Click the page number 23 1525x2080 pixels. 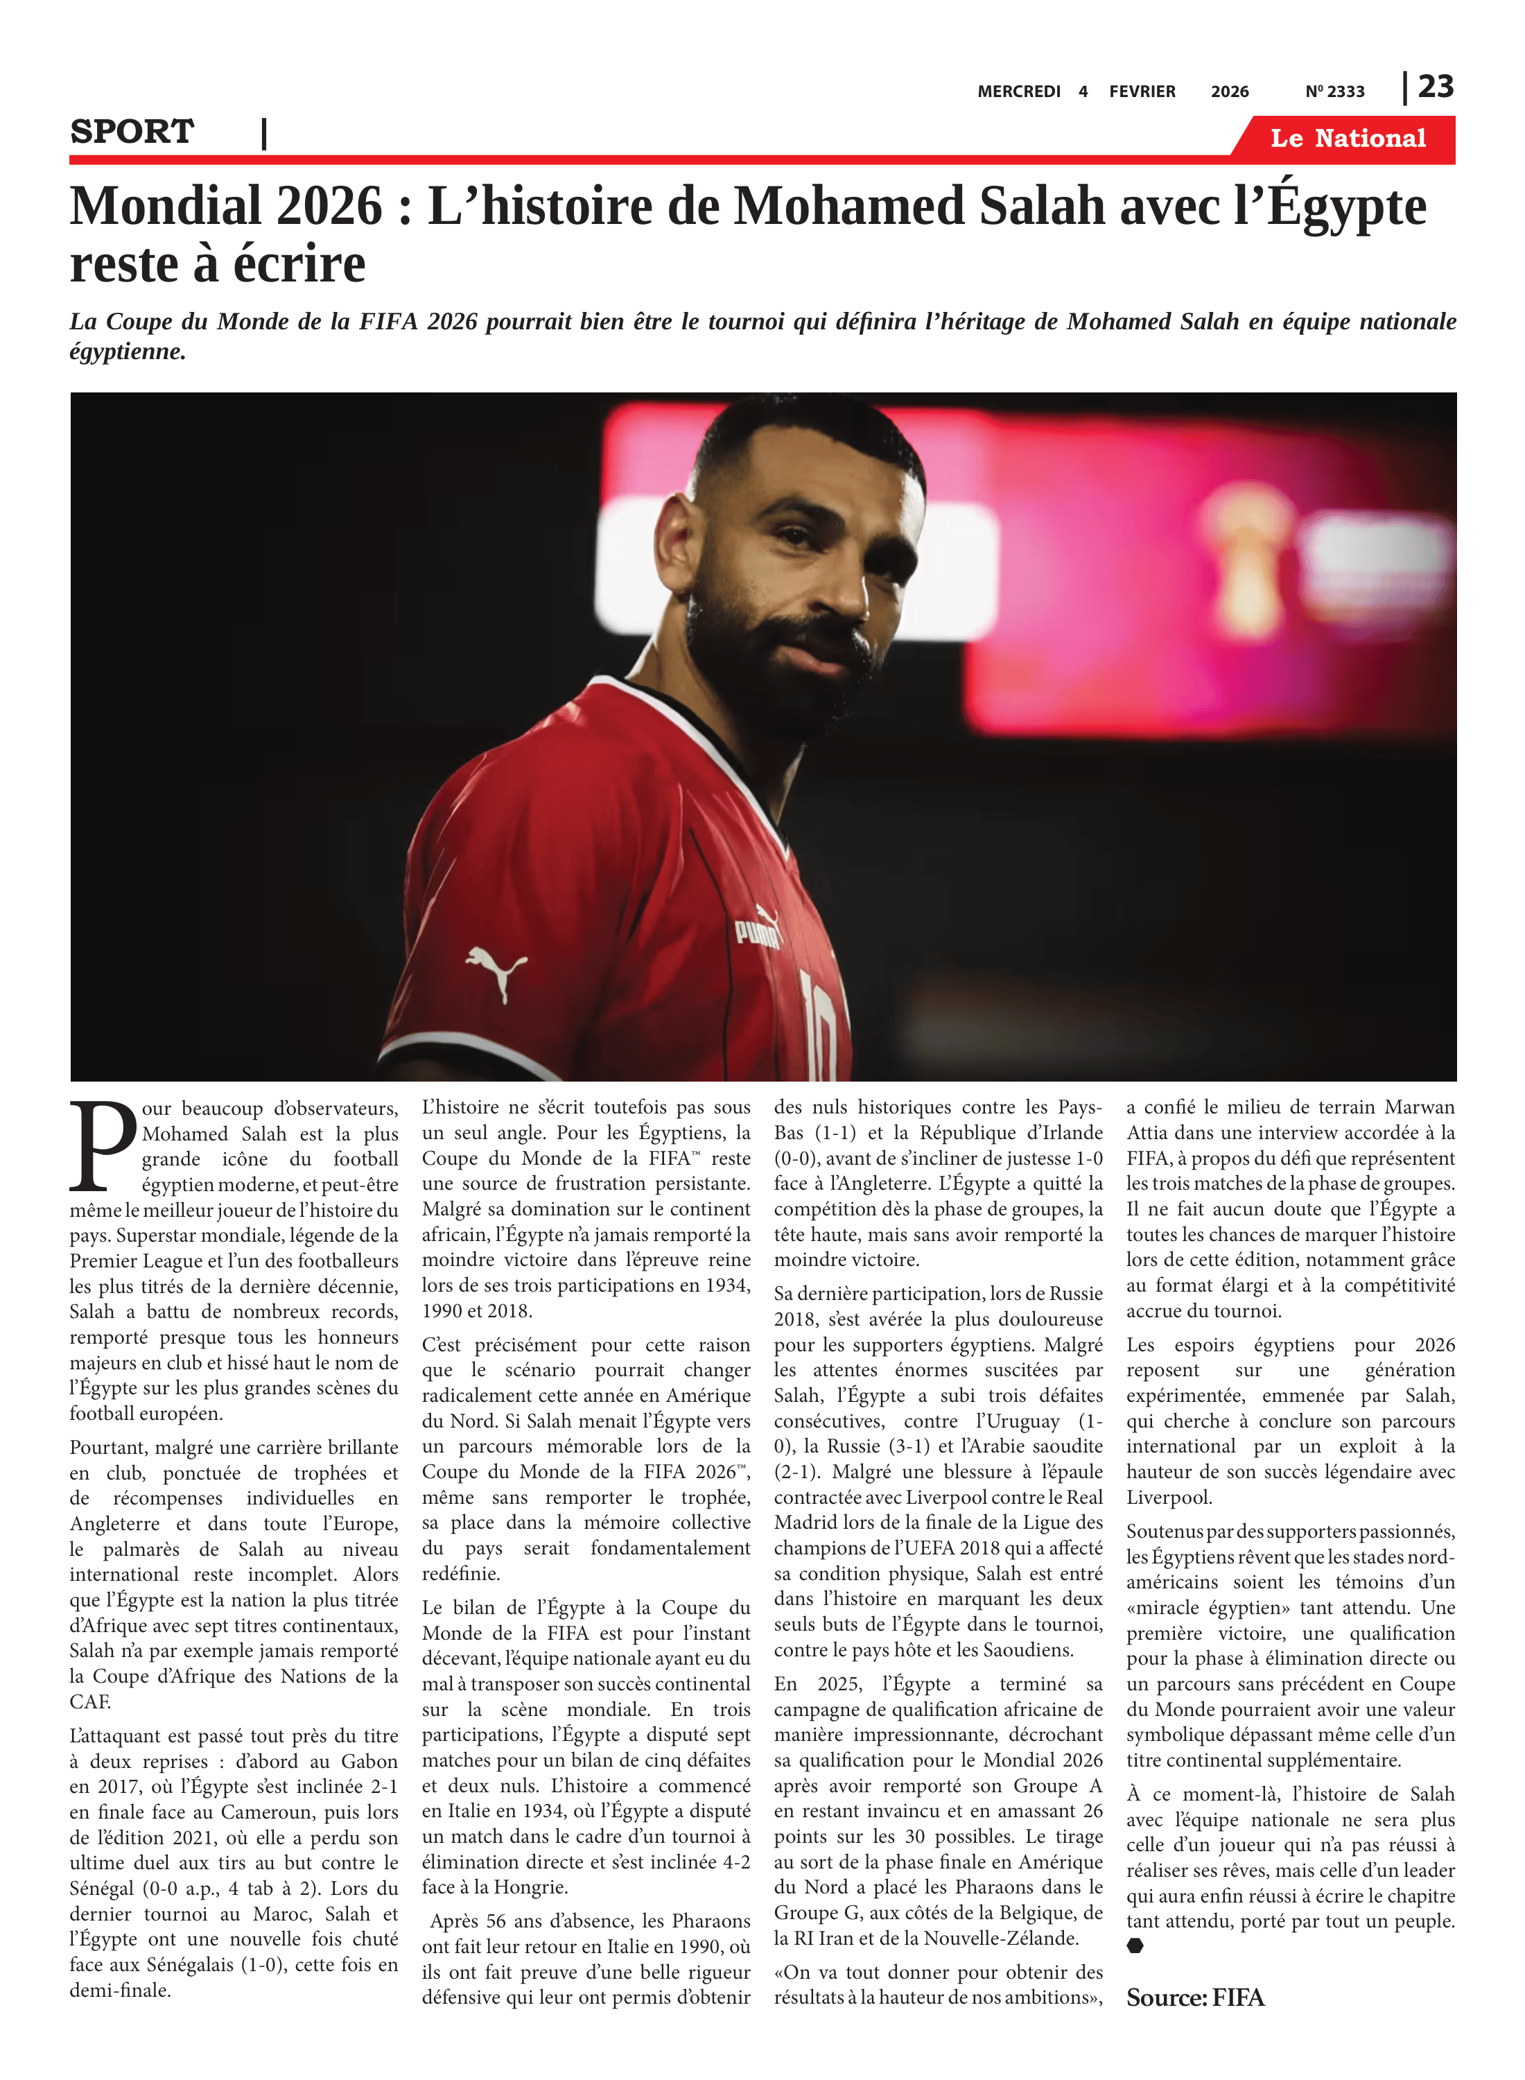tap(1436, 87)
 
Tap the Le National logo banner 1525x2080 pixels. tap(1347, 139)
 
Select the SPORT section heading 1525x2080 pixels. tap(132, 132)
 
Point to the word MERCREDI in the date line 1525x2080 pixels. tap(1018, 92)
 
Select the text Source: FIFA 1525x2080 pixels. tap(1194, 1997)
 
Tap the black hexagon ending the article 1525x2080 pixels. tap(1135, 1946)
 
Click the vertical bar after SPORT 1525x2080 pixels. tap(265, 133)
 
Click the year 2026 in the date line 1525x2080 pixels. tap(1229, 92)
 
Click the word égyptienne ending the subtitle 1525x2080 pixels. tap(128, 352)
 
